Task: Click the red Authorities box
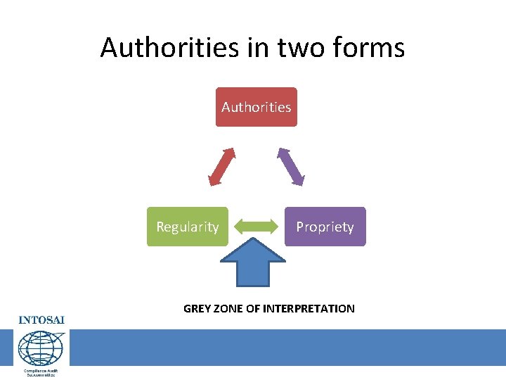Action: click(x=256, y=107)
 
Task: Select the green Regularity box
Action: click(x=187, y=227)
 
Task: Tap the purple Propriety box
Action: click(x=325, y=227)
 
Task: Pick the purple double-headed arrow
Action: click(x=290, y=166)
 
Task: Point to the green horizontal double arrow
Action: click(x=256, y=227)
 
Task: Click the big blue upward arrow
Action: click(x=253, y=262)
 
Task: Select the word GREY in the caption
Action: click(x=197, y=308)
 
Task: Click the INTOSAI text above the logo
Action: click(x=41, y=319)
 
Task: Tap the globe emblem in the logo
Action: click(x=40, y=348)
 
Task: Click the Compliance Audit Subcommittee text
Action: click(x=41, y=372)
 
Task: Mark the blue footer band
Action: click(x=281, y=347)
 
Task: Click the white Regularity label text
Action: click(x=187, y=227)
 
